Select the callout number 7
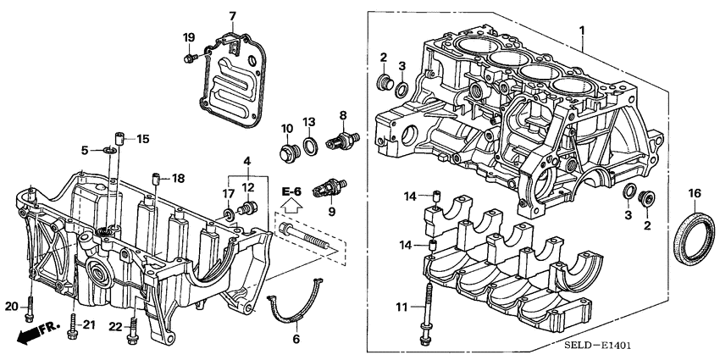(x=233, y=15)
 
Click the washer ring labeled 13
(x=311, y=147)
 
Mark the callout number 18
(x=177, y=178)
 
